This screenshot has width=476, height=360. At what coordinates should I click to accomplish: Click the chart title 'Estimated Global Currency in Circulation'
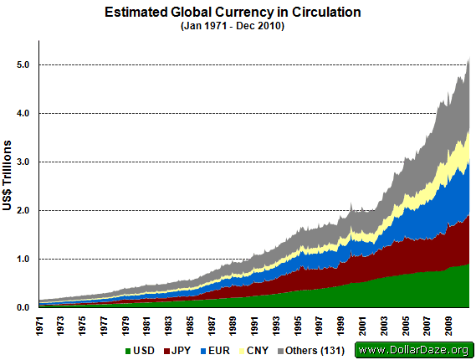click(x=233, y=13)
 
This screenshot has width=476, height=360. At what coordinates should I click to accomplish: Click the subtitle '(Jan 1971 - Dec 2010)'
click(x=233, y=26)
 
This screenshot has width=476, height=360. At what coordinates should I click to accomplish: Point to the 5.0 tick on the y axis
click(x=23, y=64)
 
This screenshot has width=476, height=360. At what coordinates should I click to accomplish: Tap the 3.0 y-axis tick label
click(x=23, y=162)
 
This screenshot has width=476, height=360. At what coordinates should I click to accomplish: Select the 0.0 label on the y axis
click(x=23, y=307)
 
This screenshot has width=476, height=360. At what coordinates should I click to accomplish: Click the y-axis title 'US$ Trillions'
click(x=7, y=175)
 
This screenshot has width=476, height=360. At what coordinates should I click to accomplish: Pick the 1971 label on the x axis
click(x=39, y=326)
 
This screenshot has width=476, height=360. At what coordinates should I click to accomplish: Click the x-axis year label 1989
click(x=233, y=326)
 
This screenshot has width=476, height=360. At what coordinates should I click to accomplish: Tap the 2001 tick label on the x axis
click(x=362, y=326)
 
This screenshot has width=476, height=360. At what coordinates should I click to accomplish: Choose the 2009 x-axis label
click(x=448, y=326)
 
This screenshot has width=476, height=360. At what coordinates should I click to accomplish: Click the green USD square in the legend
click(x=128, y=351)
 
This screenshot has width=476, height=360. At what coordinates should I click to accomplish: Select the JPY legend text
click(x=181, y=351)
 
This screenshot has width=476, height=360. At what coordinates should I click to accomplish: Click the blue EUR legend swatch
click(x=203, y=351)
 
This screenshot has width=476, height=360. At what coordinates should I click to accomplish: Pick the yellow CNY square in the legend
click(x=242, y=351)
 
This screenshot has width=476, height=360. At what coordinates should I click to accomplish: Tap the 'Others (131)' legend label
click(x=315, y=351)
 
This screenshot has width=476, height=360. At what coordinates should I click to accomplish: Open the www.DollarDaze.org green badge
click(x=414, y=350)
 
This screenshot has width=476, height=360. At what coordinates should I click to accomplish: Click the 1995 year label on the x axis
click(x=298, y=326)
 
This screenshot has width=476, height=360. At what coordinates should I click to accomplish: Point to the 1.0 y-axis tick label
click(x=23, y=260)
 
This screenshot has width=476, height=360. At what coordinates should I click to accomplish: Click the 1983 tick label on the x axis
click(x=168, y=326)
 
